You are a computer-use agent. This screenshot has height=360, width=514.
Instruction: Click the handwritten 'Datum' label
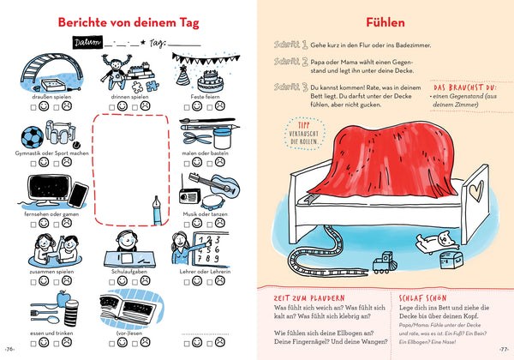tap(87, 42)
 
